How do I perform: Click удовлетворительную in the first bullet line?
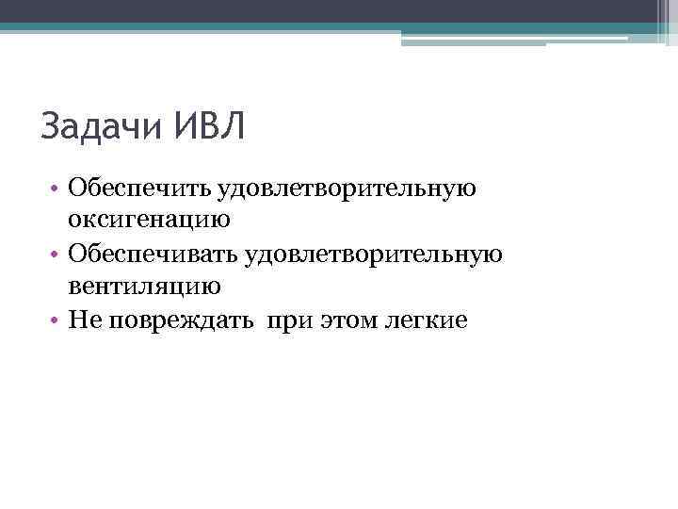point(347,189)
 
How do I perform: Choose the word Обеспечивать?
point(152,254)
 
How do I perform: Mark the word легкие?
point(425,320)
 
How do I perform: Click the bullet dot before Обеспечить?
point(57,189)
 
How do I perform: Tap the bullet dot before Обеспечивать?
point(57,255)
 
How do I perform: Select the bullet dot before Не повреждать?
point(57,321)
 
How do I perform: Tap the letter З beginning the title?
point(51,126)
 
